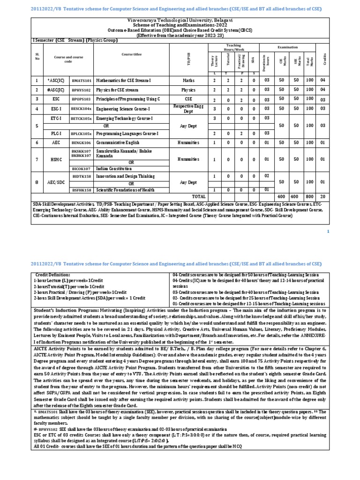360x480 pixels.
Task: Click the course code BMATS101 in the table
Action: pyautogui.click(x=82, y=81)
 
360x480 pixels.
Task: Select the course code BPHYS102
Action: pyautogui.click(x=82, y=90)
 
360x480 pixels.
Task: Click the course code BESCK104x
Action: pyautogui.click(x=82, y=109)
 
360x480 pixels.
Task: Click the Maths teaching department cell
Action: pyautogui.click(x=188, y=81)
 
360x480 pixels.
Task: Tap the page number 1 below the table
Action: pyautogui.click(x=328, y=232)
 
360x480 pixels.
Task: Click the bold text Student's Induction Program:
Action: pyautogui.click(x=62, y=310)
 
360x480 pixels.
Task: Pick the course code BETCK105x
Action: pyautogui.click(x=82, y=119)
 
